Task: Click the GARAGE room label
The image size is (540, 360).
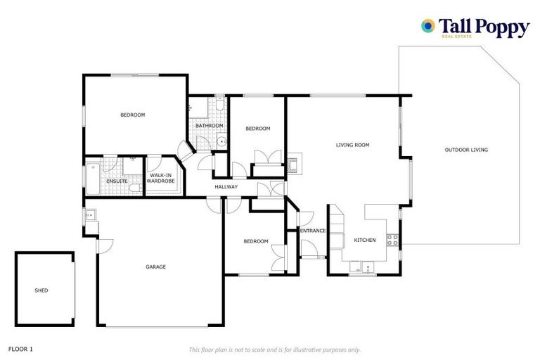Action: tap(155, 266)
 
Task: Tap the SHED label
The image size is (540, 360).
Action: tap(41, 290)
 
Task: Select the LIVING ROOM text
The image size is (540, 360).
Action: tap(352, 145)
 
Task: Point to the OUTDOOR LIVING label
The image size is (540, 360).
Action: tap(466, 150)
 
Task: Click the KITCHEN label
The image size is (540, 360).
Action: tap(364, 240)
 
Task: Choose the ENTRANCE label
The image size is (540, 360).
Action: tap(313, 231)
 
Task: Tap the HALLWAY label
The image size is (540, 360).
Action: tap(226, 187)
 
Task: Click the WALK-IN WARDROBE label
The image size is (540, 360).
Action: tap(160, 178)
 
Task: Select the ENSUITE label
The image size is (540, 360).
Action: tap(117, 181)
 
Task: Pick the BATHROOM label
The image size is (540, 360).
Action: tap(210, 126)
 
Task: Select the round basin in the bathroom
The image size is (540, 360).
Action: tap(222, 141)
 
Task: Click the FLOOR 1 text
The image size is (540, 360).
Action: tap(20, 349)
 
